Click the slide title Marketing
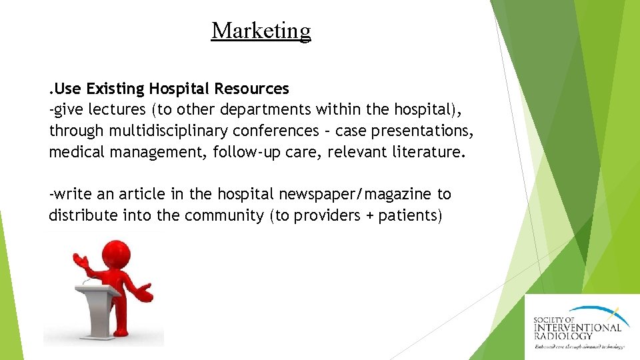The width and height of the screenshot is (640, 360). click(261, 31)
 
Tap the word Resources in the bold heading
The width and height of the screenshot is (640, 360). click(253, 89)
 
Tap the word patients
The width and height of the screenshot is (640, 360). click(410, 216)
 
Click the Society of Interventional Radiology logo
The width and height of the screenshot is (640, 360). click(578, 327)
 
